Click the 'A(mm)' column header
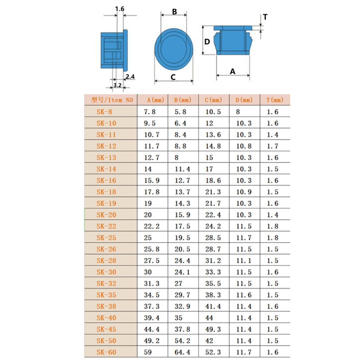pyautogui.click(x=155, y=100)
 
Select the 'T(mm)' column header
pyautogui.click(x=275, y=100)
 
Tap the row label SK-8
pyautogui.click(x=104, y=112)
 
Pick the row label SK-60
pyautogui.click(x=106, y=352)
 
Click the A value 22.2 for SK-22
pyautogui.click(x=152, y=226)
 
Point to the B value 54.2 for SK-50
pyautogui.click(x=182, y=341)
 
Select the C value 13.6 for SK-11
pyautogui.click(x=213, y=135)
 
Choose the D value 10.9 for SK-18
pyautogui.click(x=244, y=192)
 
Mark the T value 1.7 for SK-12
pyautogui.click(x=273, y=146)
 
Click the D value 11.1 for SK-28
pyautogui.click(x=244, y=261)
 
